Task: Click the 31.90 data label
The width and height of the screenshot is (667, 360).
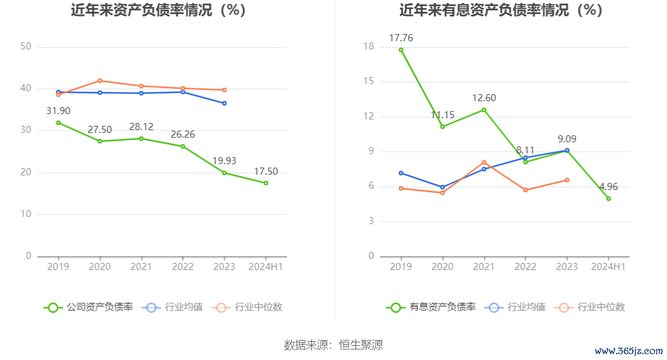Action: [58, 111]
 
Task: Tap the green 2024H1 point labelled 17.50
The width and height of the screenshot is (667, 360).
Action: [266, 183]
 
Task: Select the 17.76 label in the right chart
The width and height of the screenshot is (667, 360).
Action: [401, 38]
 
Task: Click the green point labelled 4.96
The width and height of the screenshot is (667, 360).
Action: [609, 198]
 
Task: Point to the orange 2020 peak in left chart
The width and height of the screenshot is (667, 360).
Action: [99, 81]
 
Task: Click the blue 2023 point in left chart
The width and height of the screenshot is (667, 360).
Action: [224, 104]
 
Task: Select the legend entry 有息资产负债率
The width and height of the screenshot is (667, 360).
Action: [432, 307]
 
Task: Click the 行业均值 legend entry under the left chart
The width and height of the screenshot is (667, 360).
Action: [174, 307]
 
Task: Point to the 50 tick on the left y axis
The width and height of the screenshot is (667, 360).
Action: [25, 46]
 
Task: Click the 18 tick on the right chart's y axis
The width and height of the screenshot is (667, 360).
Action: [369, 46]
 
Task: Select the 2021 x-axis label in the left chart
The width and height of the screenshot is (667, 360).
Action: [141, 267]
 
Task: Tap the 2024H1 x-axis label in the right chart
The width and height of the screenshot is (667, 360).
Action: [608, 267]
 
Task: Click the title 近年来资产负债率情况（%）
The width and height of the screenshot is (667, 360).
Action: [158, 10]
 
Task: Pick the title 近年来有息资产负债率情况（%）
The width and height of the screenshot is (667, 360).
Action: [501, 10]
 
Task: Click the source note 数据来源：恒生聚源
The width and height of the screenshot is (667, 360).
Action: [333, 345]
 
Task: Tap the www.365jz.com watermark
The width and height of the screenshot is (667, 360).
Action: [628, 351]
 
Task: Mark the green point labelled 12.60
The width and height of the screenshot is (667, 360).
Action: [484, 110]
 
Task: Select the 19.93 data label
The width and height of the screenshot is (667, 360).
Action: [224, 161]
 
